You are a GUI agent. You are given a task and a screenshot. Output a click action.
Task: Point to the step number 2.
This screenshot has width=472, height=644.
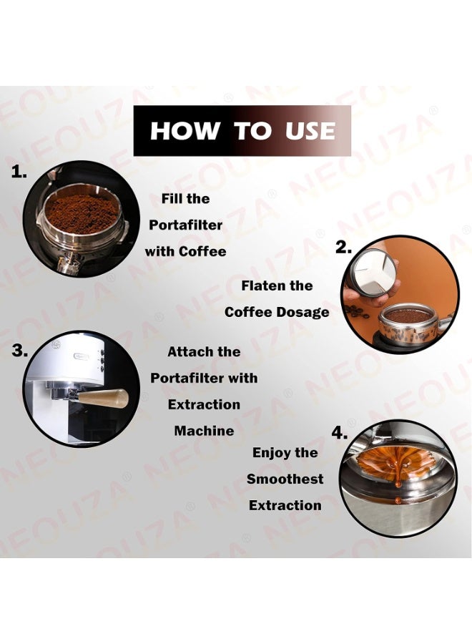pos(344,248)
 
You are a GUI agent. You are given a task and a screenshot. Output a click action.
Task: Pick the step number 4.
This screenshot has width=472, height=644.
pos(339,434)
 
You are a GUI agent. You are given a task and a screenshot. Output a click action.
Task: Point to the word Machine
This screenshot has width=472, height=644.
pos(204,431)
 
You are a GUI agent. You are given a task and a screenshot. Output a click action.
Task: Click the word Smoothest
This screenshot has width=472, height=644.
pos(285,479)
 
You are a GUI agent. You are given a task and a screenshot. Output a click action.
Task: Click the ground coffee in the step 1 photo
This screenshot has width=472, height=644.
pos(82,213)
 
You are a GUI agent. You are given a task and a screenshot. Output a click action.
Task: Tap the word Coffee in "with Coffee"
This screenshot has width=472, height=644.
pos(202,251)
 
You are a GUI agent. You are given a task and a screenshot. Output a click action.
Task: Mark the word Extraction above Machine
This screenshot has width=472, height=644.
pos(204,404)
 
